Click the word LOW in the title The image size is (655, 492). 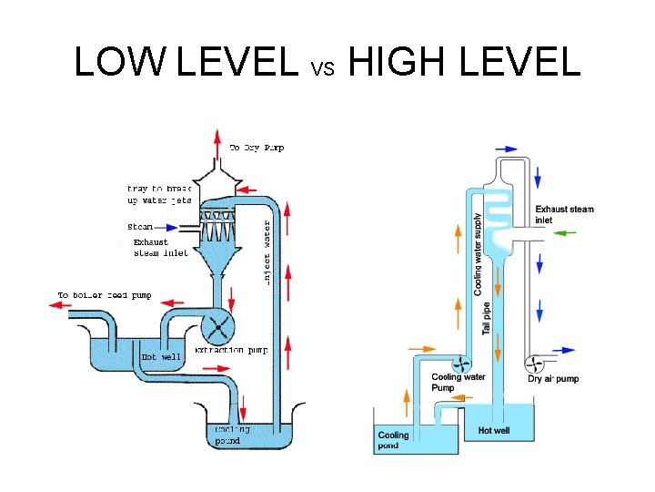(121, 61)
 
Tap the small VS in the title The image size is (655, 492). (324, 67)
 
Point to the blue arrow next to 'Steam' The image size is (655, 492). (168, 228)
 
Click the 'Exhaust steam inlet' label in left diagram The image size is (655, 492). (159, 248)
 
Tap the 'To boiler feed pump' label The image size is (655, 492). (105, 295)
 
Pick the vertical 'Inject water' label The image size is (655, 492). (267, 251)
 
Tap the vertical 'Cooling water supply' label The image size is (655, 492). (479, 253)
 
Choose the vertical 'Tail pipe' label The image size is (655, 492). (487, 318)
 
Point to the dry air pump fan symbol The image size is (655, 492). (533, 362)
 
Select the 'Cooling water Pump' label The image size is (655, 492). (458, 382)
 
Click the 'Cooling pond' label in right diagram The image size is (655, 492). (394, 441)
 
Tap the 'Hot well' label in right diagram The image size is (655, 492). (495, 430)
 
